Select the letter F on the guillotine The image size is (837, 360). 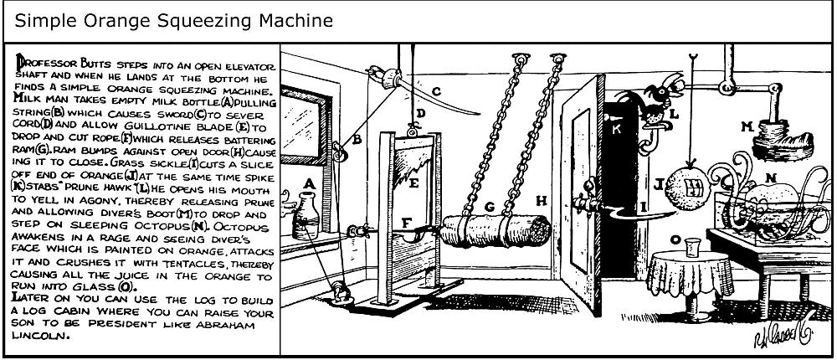(x=407, y=224)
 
